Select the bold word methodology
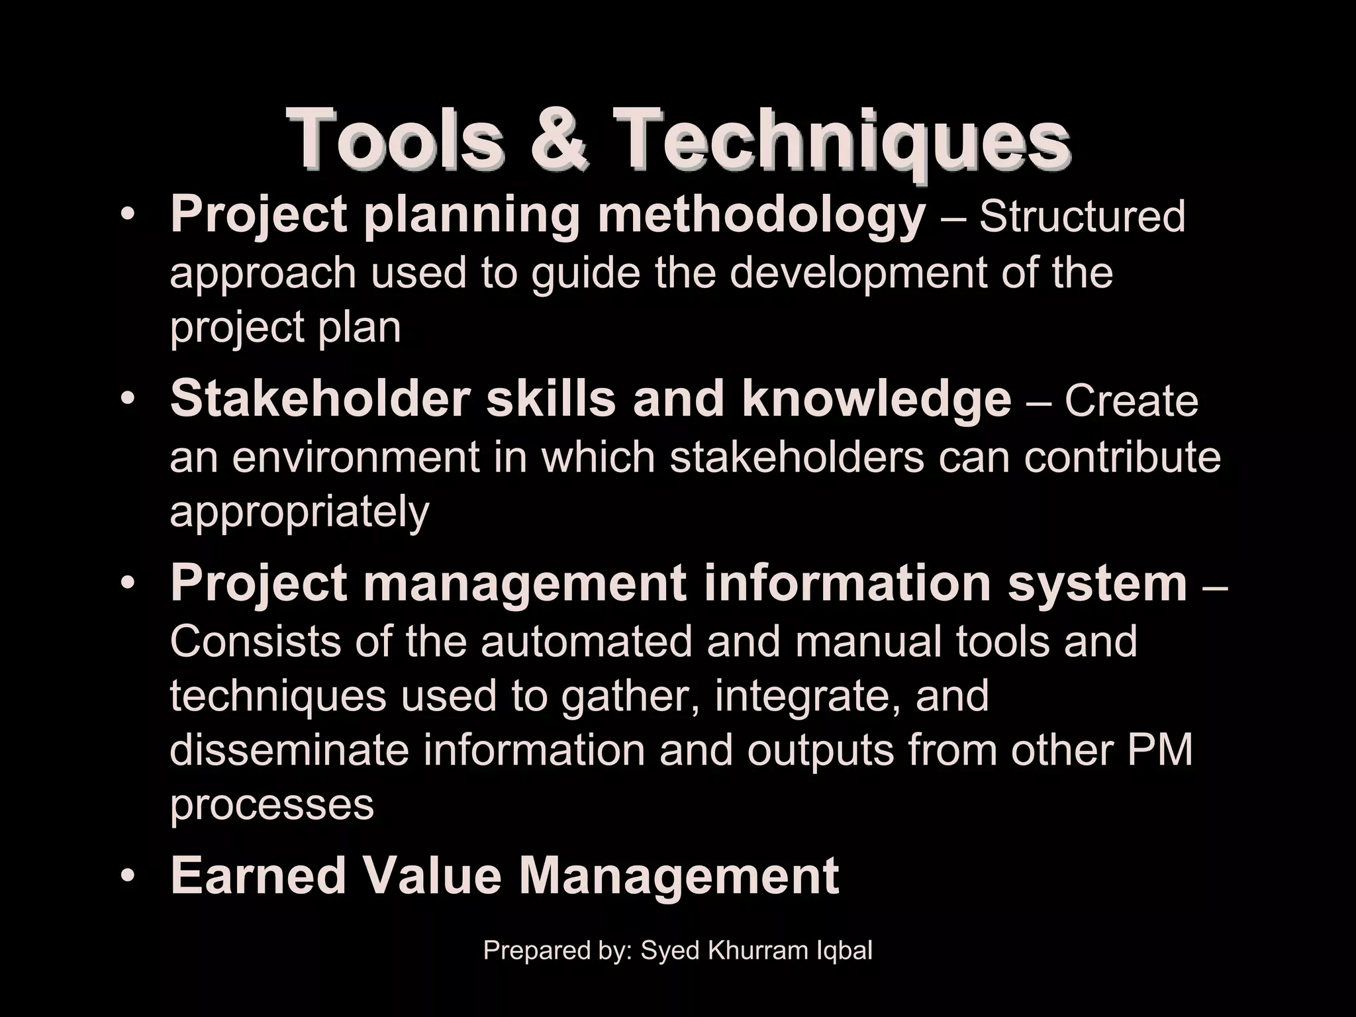click(x=761, y=217)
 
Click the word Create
click(x=1132, y=401)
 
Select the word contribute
click(x=1122, y=456)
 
